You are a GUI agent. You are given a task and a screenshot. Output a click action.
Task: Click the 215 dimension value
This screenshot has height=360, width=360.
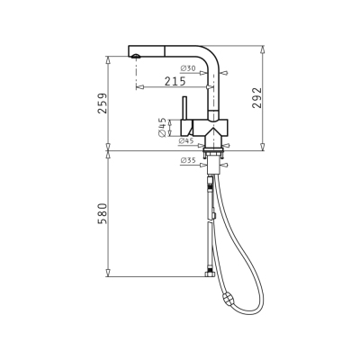(x=175, y=81)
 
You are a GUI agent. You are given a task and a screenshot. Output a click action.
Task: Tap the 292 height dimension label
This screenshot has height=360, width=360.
(x=256, y=98)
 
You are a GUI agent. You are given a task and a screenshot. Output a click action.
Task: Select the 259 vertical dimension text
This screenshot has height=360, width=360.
(x=103, y=103)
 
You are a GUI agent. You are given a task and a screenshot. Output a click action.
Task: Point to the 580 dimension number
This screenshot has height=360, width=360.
(x=103, y=213)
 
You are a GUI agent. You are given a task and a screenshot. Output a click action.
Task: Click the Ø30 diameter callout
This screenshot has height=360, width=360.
(x=188, y=68)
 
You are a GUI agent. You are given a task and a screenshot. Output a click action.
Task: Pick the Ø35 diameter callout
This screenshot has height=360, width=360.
(x=188, y=161)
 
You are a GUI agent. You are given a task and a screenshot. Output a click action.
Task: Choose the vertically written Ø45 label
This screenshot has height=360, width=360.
(x=162, y=128)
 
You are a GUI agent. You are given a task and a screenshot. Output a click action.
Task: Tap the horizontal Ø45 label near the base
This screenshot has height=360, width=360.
(x=186, y=140)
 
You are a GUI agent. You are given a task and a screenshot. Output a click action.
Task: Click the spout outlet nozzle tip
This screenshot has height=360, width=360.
(x=136, y=56)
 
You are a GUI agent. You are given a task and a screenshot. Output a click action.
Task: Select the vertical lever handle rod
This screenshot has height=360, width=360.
(x=184, y=108)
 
